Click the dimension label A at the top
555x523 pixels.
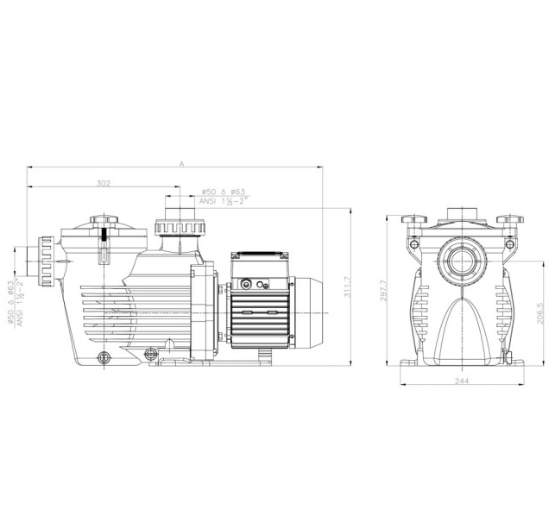pyautogui.click(x=182, y=163)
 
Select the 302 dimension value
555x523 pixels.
pyautogui.click(x=104, y=183)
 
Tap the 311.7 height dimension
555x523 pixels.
pyautogui.click(x=347, y=287)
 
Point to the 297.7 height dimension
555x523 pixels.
pyautogui.click(x=384, y=290)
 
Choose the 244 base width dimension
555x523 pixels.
pyautogui.click(x=462, y=381)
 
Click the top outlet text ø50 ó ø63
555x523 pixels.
pyautogui.click(x=223, y=192)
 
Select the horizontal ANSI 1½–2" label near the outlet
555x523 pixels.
pyautogui.click(x=224, y=201)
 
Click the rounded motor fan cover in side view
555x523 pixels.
pyautogui.click(x=306, y=312)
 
